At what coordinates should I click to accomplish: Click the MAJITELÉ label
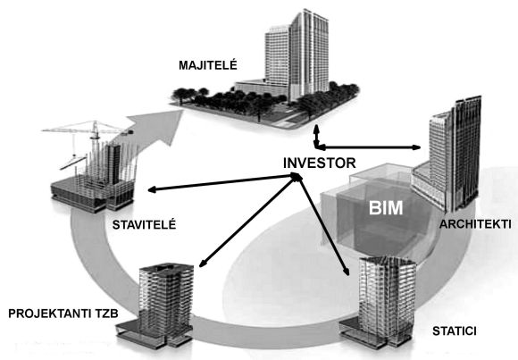point(208,65)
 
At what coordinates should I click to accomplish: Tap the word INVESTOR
point(320,163)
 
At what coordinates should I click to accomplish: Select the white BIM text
point(386,208)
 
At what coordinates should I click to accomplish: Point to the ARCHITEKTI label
point(475,224)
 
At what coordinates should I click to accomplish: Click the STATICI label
point(455,331)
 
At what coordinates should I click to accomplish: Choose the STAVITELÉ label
point(144,225)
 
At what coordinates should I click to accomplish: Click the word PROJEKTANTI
point(46,314)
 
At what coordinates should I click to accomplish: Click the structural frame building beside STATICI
point(379,301)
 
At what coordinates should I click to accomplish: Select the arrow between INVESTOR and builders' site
point(221,183)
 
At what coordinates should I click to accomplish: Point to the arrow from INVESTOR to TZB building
point(248,221)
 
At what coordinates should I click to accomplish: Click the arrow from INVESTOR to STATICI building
point(323,225)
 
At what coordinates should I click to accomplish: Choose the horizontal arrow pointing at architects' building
point(367,147)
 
